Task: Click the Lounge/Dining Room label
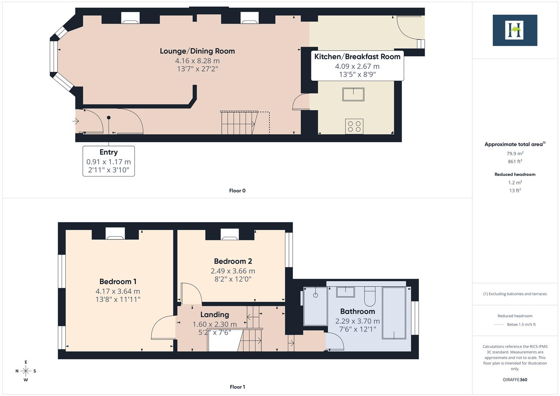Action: pos(197,51)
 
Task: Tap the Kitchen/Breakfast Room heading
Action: pos(357,56)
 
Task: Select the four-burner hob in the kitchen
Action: pos(354,126)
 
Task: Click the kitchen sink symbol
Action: pos(353,94)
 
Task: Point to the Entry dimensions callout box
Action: pos(109,161)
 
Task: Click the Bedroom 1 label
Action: pos(118,282)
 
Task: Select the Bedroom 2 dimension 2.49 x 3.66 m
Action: pos(233,271)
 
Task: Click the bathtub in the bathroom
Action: pos(394,313)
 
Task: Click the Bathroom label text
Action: pos(357,311)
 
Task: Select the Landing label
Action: pos(215,315)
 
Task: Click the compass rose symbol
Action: pos(26,371)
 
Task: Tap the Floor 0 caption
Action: pos(237,191)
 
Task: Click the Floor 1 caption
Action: pos(237,387)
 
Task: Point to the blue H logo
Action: pos(515,30)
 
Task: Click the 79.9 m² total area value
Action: pos(515,154)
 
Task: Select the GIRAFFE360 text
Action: pos(515,379)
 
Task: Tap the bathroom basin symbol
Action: pos(345,292)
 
